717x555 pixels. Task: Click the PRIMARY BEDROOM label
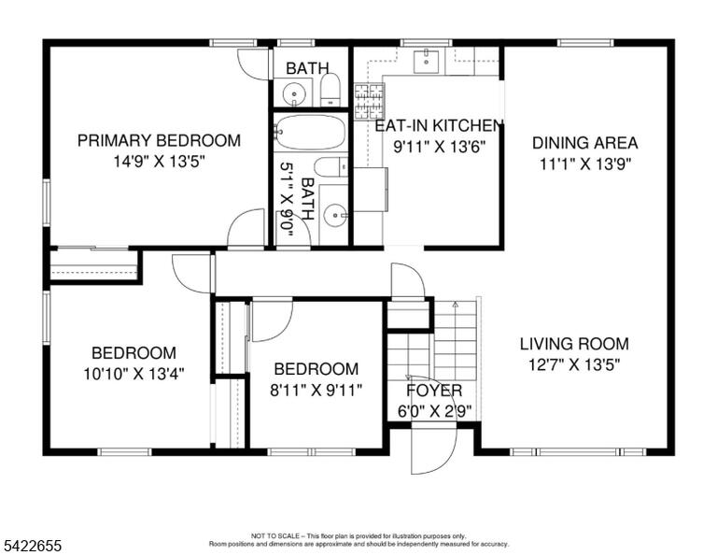tap(159, 140)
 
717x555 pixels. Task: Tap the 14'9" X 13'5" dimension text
tap(159, 162)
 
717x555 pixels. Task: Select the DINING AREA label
tap(584, 143)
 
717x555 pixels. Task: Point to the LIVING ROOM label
tap(574, 344)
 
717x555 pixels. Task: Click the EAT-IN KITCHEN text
tap(439, 125)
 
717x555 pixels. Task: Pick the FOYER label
tap(434, 391)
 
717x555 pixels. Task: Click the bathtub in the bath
tap(309, 133)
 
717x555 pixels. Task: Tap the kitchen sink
tap(426, 62)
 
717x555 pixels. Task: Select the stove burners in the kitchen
tap(370, 101)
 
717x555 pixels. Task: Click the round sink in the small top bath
tap(293, 94)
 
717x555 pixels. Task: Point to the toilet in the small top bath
tap(330, 89)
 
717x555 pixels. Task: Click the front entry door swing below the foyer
tap(432, 448)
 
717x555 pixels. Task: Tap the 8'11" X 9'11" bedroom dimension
tap(316, 391)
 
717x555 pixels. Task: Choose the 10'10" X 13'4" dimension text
tap(134, 375)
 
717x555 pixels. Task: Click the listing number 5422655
tap(33, 546)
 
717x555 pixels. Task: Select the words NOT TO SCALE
tap(275, 535)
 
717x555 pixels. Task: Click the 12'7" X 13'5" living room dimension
tap(574, 365)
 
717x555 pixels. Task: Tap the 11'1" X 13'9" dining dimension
tap(585, 164)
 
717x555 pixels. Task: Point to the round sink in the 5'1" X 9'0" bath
tap(336, 215)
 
